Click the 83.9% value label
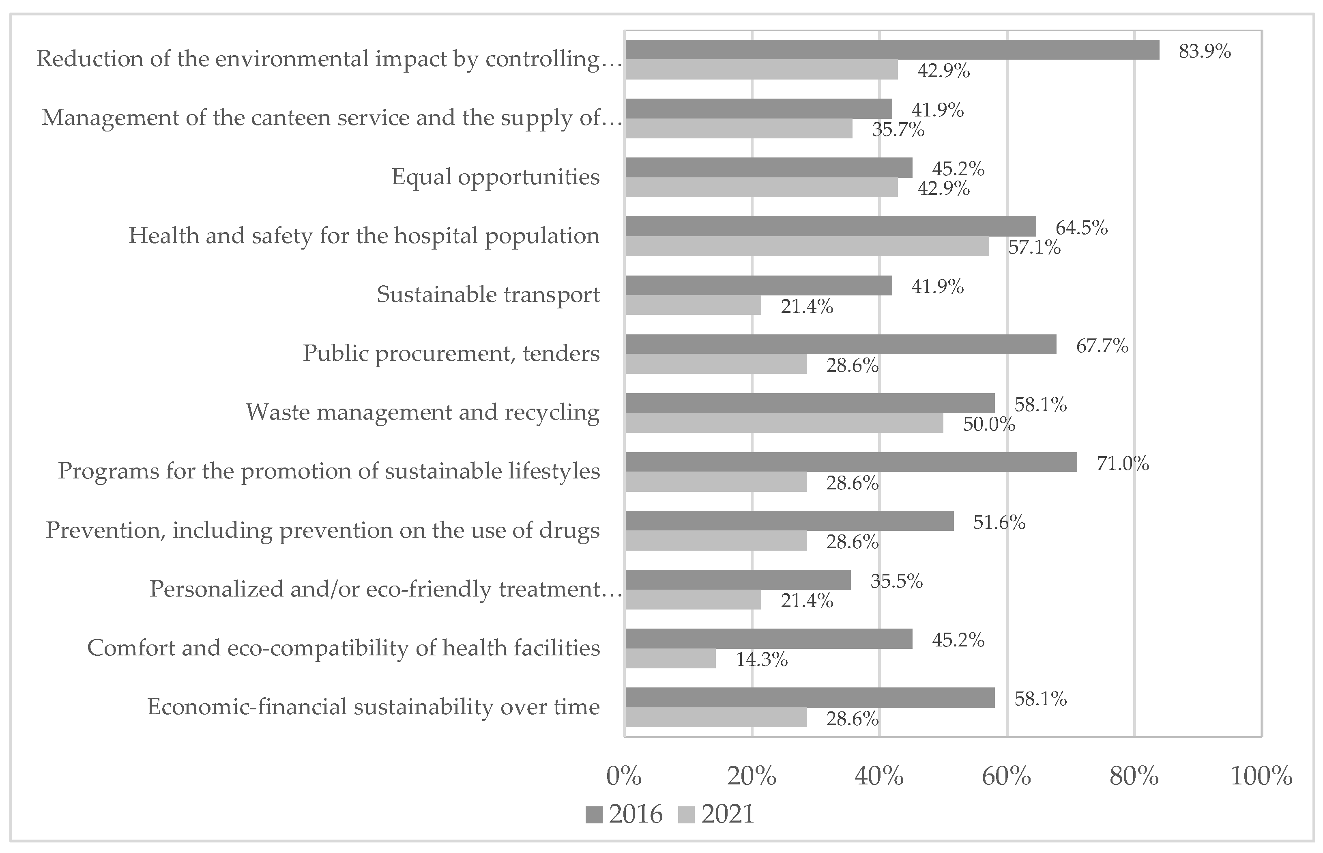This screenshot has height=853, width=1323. [1205, 52]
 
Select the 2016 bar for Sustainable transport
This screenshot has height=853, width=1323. [758, 286]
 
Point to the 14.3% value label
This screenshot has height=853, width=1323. [761, 659]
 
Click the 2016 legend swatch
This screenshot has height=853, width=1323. [594, 815]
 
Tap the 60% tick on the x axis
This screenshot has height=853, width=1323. [1006, 777]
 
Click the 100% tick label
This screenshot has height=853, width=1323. [1261, 777]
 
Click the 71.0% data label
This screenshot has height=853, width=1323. [1123, 463]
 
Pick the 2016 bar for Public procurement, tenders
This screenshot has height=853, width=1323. [840, 345]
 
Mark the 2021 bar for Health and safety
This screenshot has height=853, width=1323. [807, 246]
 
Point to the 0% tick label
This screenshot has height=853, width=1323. [624, 777]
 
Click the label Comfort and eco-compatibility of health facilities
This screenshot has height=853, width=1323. [343, 648]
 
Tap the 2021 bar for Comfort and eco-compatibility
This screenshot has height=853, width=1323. [670, 659]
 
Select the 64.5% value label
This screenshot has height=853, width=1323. [1081, 228]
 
